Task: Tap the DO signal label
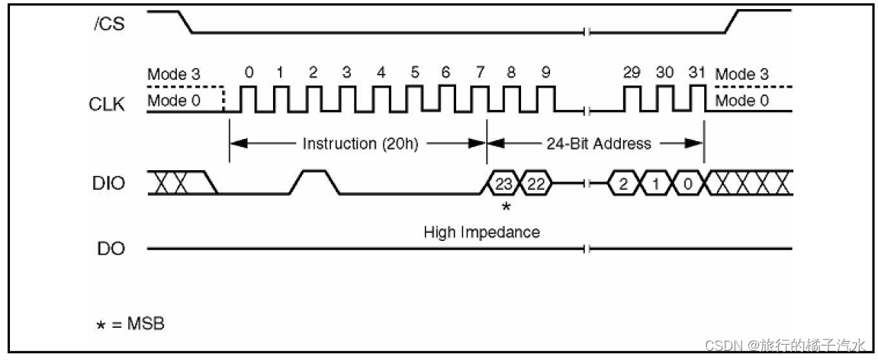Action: coord(111,249)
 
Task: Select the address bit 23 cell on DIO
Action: coord(503,184)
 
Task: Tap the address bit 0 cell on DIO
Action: coord(687,184)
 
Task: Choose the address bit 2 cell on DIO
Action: coord(622,184)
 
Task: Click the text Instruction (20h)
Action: coord(360,143)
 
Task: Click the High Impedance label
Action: coord(481,232)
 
